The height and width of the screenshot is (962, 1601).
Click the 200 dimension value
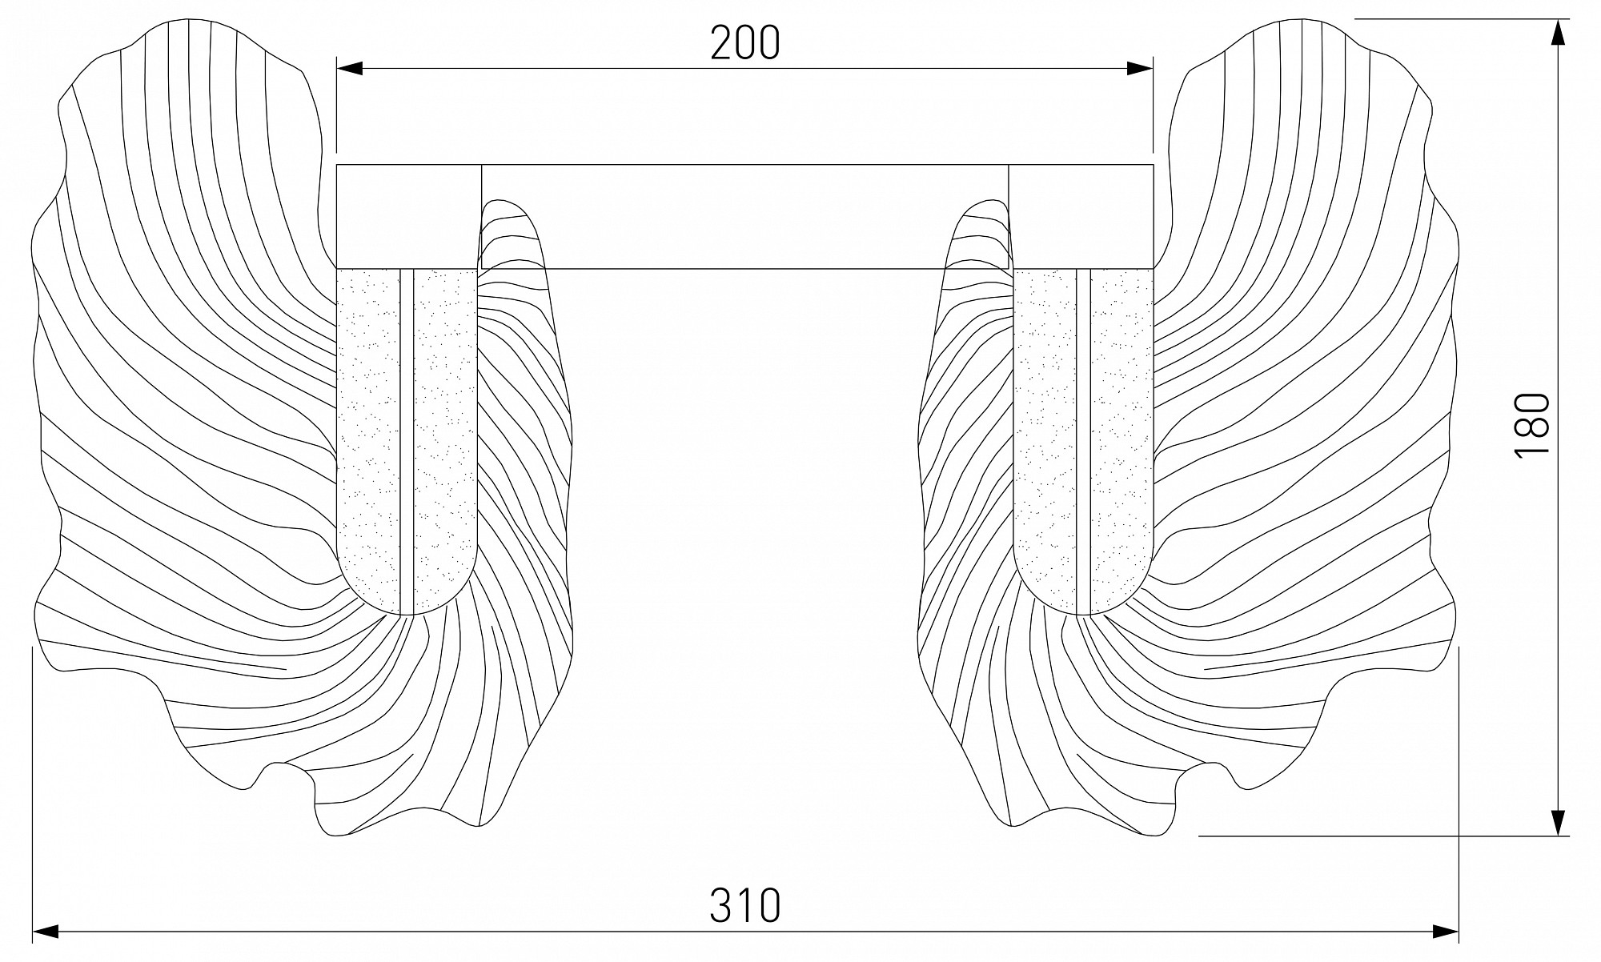(x=744, y=43)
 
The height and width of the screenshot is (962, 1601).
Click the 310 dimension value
(x=744, y=905)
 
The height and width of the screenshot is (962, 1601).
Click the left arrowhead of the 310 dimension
(x=46, y=931)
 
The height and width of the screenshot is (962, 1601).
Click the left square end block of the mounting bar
(x=409, y=216)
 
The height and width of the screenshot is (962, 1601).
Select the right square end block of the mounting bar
(x=1081, y=216)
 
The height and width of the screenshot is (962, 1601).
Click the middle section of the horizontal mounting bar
(x=744, y=216)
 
